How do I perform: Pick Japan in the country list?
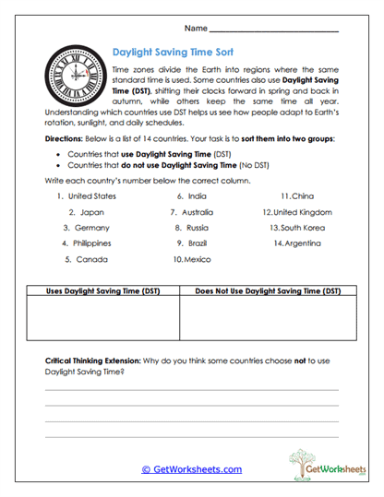90,211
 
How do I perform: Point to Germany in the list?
91,227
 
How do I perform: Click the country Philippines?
93,243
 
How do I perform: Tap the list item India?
197,195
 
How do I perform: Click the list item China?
302,195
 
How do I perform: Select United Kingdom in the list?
303,211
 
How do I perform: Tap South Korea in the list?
301,227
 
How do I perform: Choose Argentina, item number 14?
302,243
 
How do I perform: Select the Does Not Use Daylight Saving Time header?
267,290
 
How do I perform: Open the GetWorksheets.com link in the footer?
191,469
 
